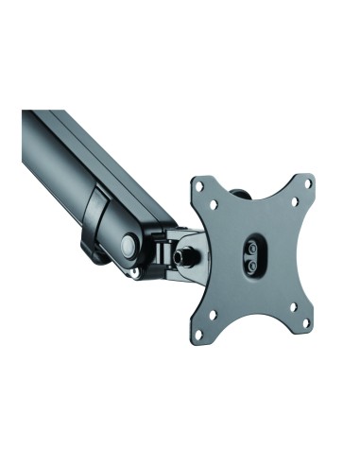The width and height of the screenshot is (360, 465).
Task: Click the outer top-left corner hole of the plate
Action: tap(198, 187)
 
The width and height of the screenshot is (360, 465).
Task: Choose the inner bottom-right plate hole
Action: tap(289, 307)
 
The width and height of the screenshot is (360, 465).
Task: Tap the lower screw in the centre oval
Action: tap(253, 266)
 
